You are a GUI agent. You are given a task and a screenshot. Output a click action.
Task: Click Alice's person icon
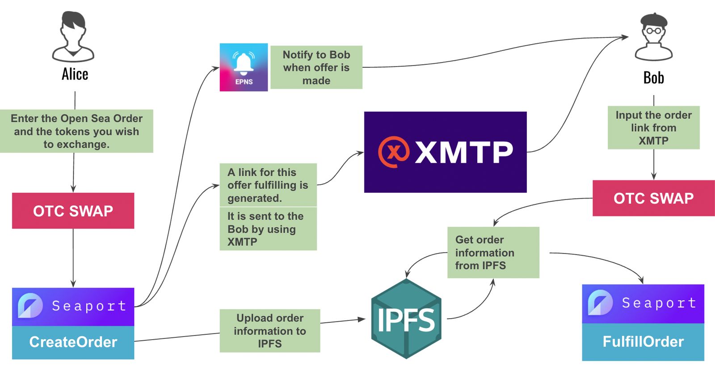pos(73,37)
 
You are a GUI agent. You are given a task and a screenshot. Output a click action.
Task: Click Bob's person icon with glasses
pos(654,37)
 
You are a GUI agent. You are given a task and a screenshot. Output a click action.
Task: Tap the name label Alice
pos(75,74)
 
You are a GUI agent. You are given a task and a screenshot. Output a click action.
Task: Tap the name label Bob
pos(653,78)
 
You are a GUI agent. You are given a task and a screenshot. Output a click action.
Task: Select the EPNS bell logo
pos(244,67)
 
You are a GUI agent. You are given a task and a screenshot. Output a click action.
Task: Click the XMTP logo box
pos(445,152)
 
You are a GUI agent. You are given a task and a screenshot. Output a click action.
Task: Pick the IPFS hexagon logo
pos(406,319)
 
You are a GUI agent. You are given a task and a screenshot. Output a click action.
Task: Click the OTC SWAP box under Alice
pos(73,211)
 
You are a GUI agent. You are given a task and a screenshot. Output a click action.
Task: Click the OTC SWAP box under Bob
pos(653,198)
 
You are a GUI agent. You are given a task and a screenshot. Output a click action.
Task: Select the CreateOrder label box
pos(73,342)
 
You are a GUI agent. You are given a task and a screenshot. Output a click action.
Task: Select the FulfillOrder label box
pos(643,342)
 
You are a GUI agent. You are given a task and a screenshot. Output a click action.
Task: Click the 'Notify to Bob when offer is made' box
pos(316,67)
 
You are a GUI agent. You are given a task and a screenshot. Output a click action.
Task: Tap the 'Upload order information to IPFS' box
pos(270,331)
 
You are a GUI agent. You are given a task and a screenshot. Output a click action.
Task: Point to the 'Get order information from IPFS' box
pos(493,253)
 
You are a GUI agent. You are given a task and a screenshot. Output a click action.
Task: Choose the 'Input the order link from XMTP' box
pos(653,128)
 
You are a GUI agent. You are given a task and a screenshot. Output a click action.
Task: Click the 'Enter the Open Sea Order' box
pos(76,131)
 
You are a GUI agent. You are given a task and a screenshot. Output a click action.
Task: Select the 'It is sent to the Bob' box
pos(268,229)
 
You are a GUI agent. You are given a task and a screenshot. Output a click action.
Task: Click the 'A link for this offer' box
pos(268,185)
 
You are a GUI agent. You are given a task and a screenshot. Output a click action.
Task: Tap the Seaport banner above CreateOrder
pos(73,307)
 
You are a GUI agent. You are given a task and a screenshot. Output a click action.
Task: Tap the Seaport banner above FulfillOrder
pos(643,304)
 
